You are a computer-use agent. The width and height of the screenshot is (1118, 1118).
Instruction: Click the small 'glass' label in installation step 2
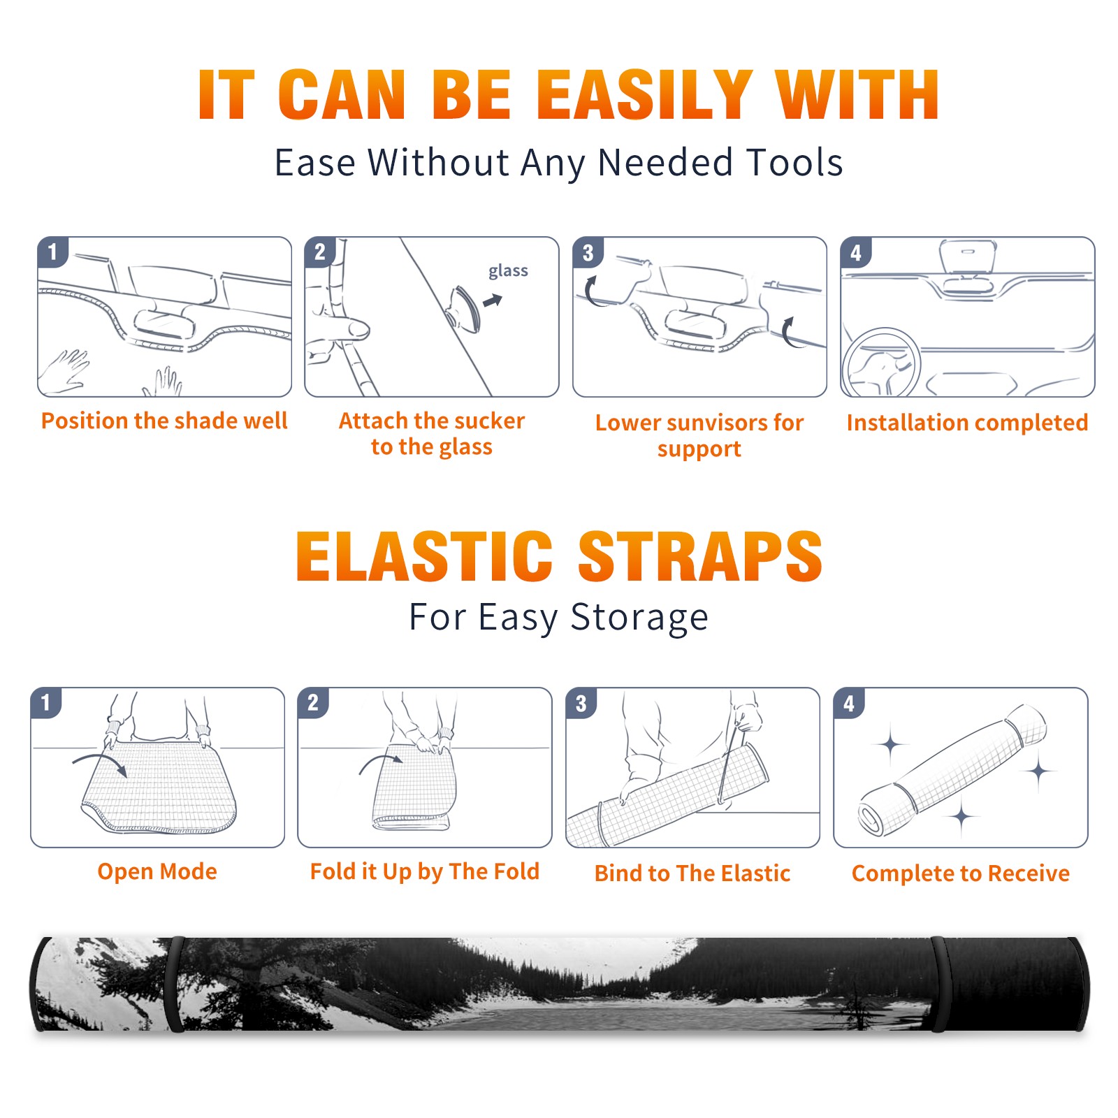(x=508, y=271)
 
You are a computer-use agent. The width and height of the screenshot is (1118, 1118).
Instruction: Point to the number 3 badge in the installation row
(x=588, y=252)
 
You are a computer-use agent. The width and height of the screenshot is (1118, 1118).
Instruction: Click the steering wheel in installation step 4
(x=880, y=363)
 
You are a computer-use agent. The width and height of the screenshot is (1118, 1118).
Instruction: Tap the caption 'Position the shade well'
(x=164, y=421)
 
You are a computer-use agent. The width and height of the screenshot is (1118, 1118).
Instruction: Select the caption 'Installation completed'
(x=967, y=423)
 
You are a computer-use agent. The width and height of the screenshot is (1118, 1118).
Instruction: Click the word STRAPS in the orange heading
(x=700, y=556)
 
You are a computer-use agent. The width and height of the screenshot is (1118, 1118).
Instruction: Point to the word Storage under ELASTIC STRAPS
(x=639, y=618)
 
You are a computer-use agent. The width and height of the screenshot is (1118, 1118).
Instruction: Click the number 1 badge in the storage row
(x=46, y=702)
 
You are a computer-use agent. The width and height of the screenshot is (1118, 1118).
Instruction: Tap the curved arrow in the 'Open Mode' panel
(x=100, y=762)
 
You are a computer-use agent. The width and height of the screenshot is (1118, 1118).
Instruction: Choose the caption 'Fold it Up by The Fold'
(x=425, y=871)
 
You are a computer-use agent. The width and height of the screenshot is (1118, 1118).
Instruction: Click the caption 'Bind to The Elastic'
(x=692, y=873)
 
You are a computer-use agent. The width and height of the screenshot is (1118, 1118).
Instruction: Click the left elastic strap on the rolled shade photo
(x=175, y=984)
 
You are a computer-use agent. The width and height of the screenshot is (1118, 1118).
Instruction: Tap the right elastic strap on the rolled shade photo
(x=938, y=984)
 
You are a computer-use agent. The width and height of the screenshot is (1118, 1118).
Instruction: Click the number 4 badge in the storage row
(x=849, y=702)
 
